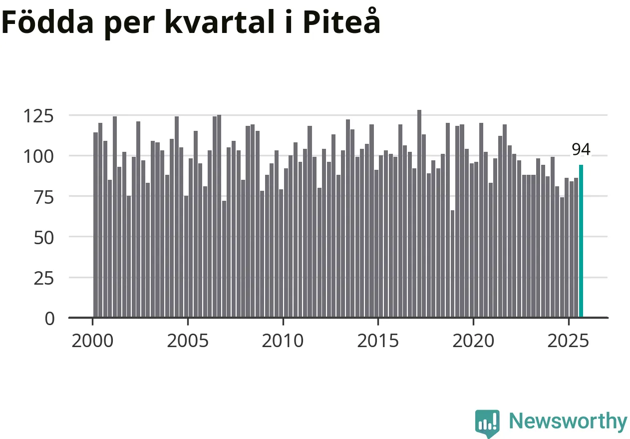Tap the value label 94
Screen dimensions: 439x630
581,149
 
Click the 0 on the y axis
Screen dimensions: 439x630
49,319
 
